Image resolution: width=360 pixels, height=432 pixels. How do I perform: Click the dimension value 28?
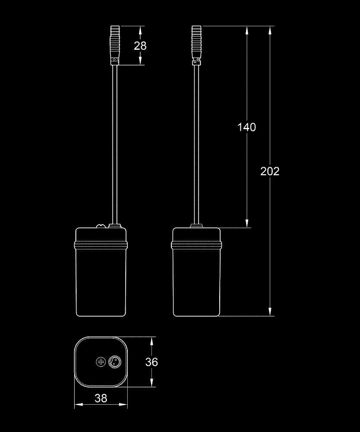(x=140, y=46)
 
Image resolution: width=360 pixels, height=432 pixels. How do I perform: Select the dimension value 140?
(x=246, y=127)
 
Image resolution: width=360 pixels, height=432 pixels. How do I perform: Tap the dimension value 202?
(x=270, y=172)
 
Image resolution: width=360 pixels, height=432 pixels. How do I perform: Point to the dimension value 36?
(x=152, y=362)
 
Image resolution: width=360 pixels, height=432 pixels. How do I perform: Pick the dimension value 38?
(x=101, y=398)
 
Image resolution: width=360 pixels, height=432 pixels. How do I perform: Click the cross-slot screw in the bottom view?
(x=101, y=362)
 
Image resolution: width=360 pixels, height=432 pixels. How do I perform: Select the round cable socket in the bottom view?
(x=114, y=362)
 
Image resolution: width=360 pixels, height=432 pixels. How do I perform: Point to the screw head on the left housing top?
(x=101, y=226)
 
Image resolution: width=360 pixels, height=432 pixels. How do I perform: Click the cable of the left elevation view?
(x=115, y=145)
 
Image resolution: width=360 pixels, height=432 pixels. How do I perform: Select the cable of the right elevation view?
(x=196, y=145)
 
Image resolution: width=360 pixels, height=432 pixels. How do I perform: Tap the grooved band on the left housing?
(x=101, y=245)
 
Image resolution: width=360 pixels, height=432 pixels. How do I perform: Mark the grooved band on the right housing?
(x=196, y=245)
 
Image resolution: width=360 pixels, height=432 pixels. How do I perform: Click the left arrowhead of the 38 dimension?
(x=79, y=404)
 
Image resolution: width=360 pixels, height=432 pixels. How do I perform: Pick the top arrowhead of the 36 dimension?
(x=151, y=341)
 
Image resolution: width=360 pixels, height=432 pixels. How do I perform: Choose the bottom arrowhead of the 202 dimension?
(x=270, y=312)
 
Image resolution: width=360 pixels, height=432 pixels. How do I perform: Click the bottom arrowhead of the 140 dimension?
(x=247, y=223)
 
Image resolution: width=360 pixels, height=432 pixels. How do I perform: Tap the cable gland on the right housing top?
(x=196, y=226)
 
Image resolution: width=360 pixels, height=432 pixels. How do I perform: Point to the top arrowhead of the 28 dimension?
(x=140, y=30)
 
